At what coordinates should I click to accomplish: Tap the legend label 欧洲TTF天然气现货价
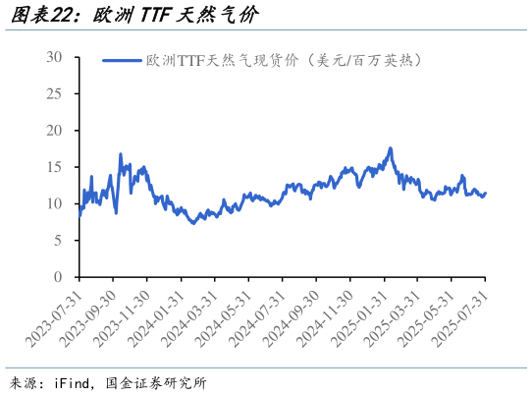[285, 61]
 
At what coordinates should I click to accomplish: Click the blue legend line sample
[122, 61]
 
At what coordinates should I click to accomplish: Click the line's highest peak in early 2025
[391, 148]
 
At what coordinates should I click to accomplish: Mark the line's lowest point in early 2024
[193, 223]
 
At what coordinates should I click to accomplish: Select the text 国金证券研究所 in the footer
[154, 382]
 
